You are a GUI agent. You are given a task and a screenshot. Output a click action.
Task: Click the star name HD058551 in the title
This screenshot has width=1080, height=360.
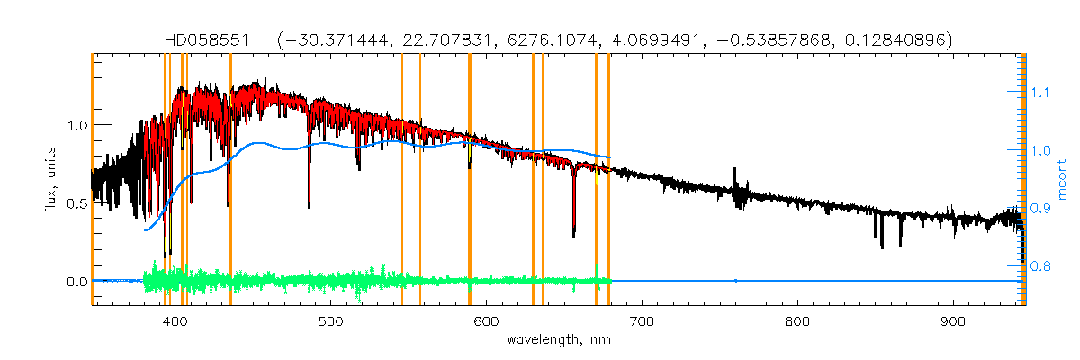coord(210,40)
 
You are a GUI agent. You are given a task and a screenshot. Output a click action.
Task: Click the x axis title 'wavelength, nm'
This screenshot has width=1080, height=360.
coord(558,340)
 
